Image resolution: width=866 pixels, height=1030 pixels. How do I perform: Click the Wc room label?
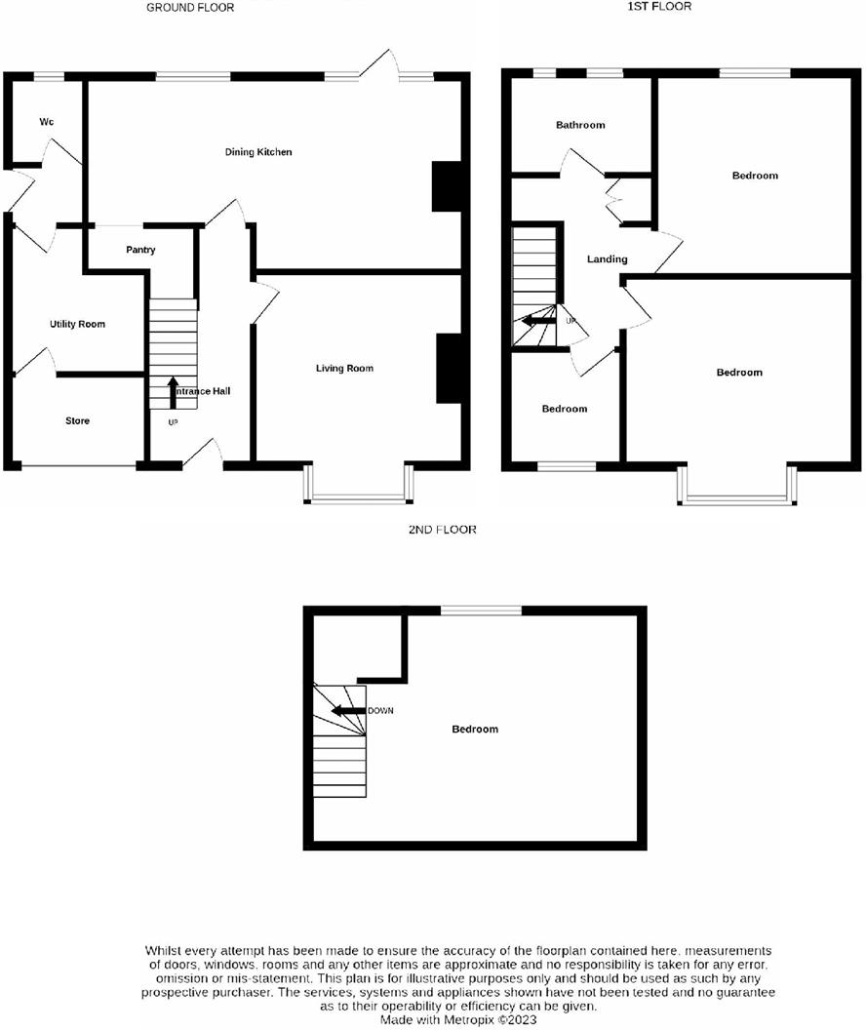tap(46, 122)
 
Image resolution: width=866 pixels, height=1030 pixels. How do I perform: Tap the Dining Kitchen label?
tap(258, 152)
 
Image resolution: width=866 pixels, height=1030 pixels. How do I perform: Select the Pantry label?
tap(140, 251)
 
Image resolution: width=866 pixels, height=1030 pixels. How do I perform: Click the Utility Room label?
tap(77, 324)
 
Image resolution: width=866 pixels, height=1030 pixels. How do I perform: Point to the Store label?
tap(77, 421)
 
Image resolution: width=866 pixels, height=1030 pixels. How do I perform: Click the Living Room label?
tap(344, 369)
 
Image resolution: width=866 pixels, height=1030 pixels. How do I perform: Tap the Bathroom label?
tap(580, 125)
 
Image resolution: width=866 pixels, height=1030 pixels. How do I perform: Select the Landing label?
tap(607, 259)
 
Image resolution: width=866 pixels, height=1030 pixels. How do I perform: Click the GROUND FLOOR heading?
tap(190, 7)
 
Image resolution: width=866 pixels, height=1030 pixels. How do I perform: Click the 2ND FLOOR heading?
tap(443, 530)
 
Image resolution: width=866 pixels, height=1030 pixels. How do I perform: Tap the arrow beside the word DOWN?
tap(347, 710)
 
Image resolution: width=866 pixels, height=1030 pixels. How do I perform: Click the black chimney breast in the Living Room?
tap(448, 368)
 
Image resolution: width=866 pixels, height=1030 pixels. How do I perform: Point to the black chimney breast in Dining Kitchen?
tap(445, 185)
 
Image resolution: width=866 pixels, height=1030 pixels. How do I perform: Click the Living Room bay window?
tap(359, 497)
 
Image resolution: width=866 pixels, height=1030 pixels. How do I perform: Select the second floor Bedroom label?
tap(475, 730)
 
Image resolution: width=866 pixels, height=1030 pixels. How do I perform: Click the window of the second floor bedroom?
tap(480, 611)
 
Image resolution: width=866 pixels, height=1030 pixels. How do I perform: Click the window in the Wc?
tap(46, 75)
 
